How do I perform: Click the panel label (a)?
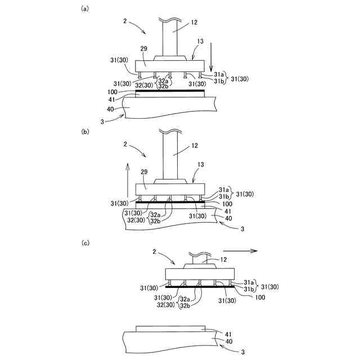coord(85,8)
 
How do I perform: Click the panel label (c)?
coord(85,243)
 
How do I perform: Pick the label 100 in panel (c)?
coord(260,297)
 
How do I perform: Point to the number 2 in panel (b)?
coord(123,145)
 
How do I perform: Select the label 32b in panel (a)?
coord(163,86)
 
